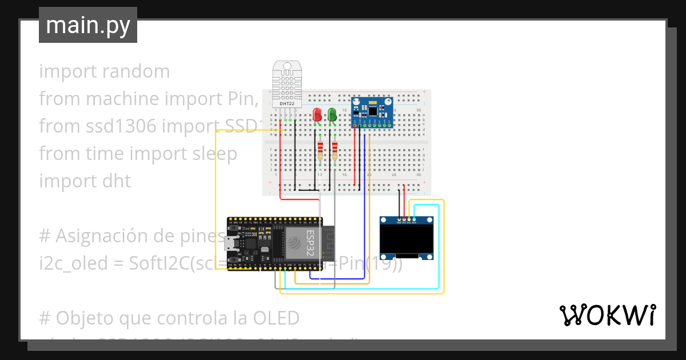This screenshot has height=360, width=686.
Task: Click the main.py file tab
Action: pos(87,25)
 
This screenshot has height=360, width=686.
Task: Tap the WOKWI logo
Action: pos(607,315)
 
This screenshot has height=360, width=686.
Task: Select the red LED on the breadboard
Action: pos(317,114)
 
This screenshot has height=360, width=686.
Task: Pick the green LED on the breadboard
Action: pos(332,114)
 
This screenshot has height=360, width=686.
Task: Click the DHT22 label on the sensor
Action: pos(287,103)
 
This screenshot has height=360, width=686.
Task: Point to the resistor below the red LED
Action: pos(320,150)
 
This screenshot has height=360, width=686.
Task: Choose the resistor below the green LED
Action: pos(334,150)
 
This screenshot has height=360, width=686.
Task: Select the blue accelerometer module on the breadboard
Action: pos(372,112)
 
